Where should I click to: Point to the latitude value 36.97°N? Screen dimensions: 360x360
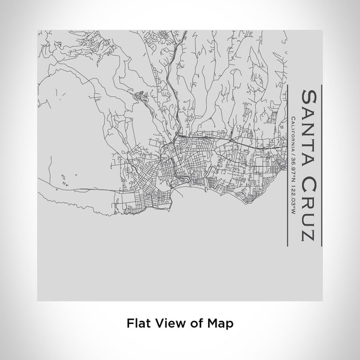292,164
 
